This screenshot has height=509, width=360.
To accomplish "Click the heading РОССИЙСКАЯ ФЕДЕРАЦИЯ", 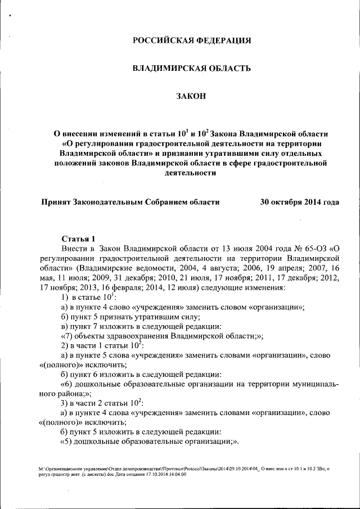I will click(x=191, y=40).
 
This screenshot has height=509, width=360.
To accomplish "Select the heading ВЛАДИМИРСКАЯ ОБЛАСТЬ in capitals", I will click(x=191, y=68).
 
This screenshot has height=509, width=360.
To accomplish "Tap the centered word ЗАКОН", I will click(x=191, y=96).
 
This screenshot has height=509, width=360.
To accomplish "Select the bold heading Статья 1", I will click(x=78, y=238).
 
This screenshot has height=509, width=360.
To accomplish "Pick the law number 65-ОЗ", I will click(x=308, y=248).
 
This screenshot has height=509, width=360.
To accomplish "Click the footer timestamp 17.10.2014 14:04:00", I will click(x=166, y=474).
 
